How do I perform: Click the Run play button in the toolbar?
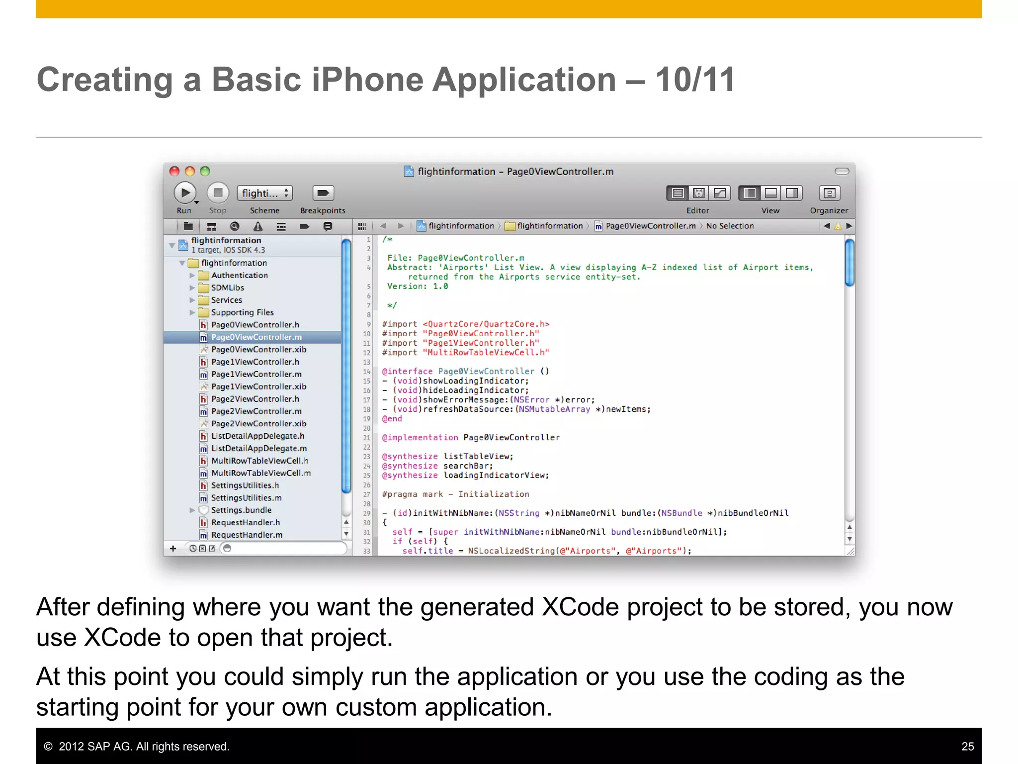coord(184,193)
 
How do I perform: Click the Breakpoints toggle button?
coord(323,193)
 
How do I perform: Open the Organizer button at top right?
coord(829,193)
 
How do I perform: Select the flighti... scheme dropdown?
coord(265,193)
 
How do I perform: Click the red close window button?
coord(174,171)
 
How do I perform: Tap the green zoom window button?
coord(205,171)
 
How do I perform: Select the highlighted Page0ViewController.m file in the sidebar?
coord(256,337)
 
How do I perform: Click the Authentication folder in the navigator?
coord(239,275)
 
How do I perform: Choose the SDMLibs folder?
coord(227,287)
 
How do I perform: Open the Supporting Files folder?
coord(242,312)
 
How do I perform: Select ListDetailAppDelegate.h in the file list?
coord(257,436)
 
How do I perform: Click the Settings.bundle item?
coord(241,510)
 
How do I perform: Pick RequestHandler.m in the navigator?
coord(247,535)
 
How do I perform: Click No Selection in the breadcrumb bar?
coord(729,226)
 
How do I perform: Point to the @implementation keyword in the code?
coord(420,437)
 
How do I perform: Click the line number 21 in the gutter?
coord(366,438)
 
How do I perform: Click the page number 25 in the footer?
coord(967,746)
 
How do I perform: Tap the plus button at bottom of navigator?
coord(173,548)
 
